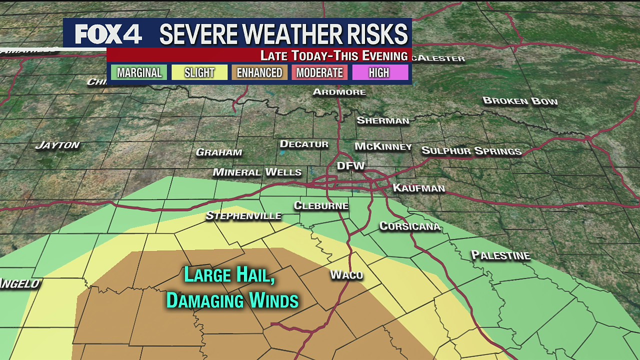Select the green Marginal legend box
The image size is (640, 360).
coord(139,72)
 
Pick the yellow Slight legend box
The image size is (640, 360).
coord(199,72)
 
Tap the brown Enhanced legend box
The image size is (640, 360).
coord(259,72)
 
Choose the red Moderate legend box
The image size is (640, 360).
coord(319,72)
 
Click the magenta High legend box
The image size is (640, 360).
coord(379,72)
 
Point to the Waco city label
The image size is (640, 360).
coord(346,274)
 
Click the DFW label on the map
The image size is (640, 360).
coord(351,166)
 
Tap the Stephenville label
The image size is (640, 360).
coord(243,216)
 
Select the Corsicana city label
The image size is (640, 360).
coord(409,226)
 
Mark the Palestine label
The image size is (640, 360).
coord(500,255)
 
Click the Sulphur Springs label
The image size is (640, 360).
coord(471,150)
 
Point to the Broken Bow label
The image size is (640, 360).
coord(520,101)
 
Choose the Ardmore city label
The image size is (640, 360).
coord(339,92)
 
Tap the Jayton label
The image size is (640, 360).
coord(57,145)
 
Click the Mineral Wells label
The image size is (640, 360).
coord(257,172)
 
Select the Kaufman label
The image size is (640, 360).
coord(418,188)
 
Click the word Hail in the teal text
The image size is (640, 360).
coord(254,275)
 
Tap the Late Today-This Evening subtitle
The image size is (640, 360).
coord(333,55)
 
